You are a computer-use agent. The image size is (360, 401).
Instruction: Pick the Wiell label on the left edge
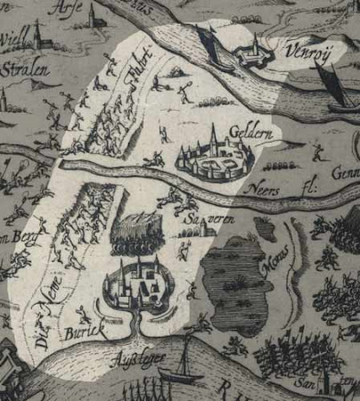[14, 40]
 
